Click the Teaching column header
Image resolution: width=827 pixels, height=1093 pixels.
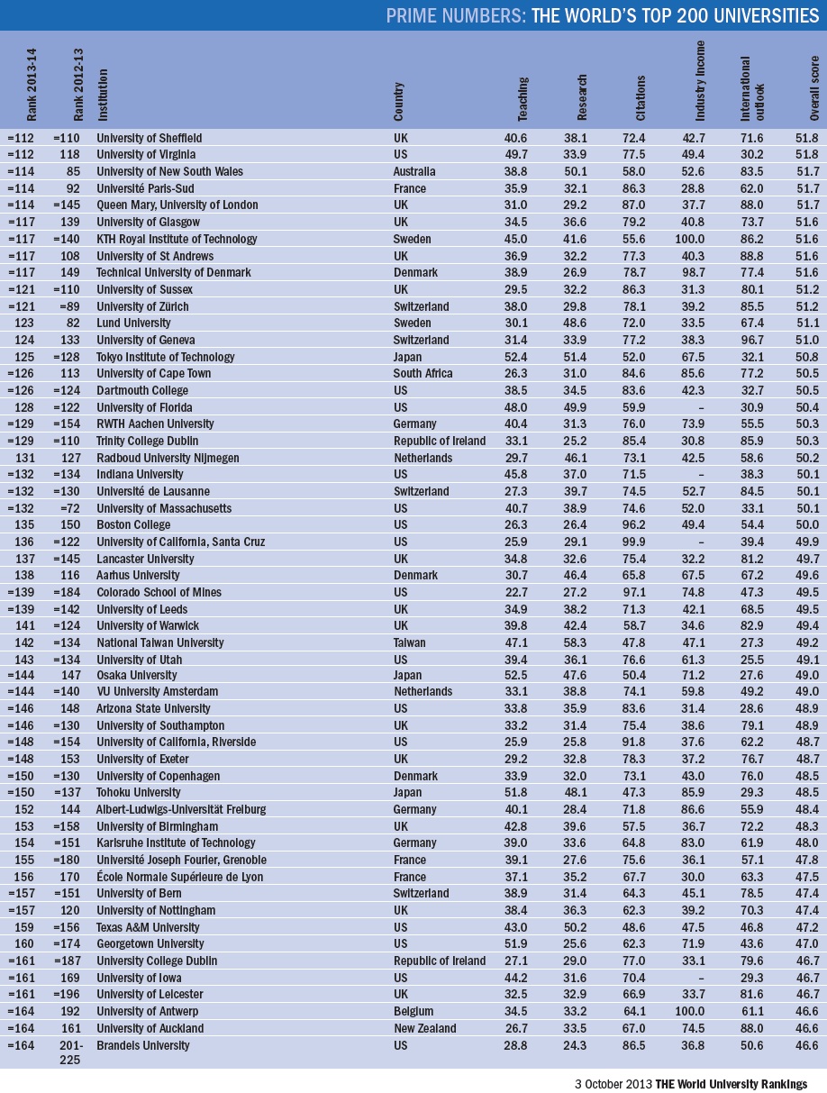523,98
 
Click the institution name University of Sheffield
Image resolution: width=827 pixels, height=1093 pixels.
149,138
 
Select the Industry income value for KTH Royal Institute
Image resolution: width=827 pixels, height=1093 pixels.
693,239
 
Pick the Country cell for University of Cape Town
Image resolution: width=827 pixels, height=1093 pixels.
423,373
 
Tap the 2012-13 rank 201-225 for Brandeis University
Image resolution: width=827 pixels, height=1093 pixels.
67,1052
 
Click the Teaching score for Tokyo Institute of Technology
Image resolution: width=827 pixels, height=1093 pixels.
516,357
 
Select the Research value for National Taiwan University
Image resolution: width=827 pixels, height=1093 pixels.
575,642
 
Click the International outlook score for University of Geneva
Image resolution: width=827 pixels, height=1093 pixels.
751,340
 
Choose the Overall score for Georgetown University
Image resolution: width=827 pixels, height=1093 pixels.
807,944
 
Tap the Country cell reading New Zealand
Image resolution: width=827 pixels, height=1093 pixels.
424,1028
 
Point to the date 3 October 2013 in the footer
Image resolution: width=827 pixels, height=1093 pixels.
613,1083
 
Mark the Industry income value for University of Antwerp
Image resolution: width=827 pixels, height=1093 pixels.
693,1012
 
